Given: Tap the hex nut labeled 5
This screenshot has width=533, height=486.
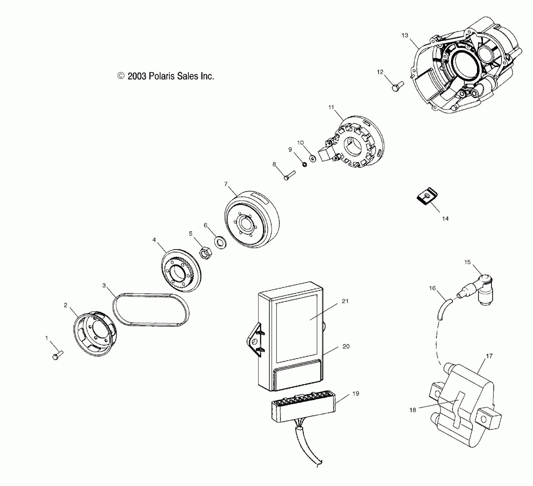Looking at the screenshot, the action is click(x=205, y=253).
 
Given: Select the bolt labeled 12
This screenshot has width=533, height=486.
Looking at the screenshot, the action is click(x=397, y=86).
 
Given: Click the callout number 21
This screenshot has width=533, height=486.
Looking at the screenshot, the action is click(x=345, y=301).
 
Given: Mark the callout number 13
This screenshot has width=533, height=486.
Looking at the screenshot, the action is click(x=405, y=35).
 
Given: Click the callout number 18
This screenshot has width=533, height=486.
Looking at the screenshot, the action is click(x=413, y=410).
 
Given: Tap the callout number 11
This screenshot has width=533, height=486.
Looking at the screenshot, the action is click(x=331, y=107).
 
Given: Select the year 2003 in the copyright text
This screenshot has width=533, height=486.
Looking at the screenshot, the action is click(x=137, y=76).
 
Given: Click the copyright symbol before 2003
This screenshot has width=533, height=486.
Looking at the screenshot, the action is click(x=121, y=76).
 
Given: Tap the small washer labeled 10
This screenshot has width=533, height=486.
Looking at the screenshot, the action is click(x=313, y=158).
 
